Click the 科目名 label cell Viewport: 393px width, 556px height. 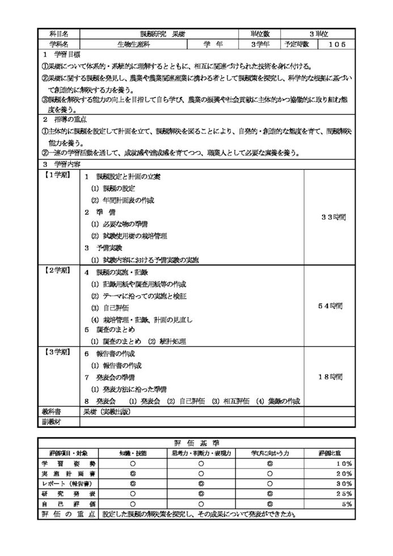click(59, 34)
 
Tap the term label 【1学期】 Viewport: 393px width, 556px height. click(57, 175)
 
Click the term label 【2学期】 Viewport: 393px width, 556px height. click(57, 271)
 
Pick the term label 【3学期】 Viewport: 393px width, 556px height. click(57, 353)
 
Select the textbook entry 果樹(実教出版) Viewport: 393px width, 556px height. click(107, 411)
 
